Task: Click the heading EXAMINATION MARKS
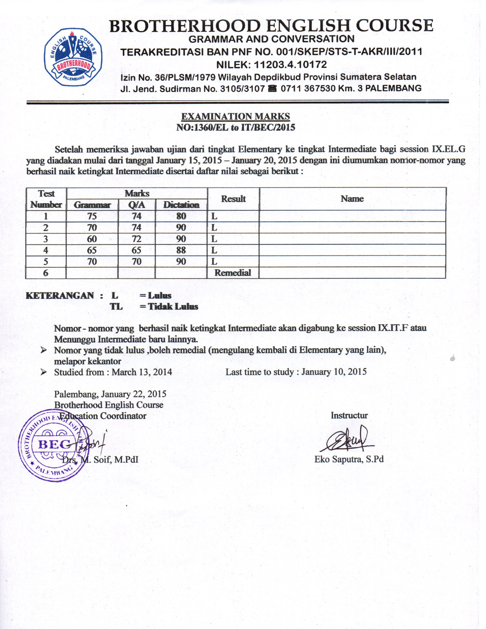(235, 116)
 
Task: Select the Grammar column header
(92, 205)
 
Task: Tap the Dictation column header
(181, 205)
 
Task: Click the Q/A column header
(137, 205)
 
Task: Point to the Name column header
(352, 199)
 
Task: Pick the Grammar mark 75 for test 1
(92, 216)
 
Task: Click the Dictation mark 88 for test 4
(181, 250)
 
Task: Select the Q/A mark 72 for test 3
(137, 239)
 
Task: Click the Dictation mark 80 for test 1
(181, 216)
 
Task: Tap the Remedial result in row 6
(233, 273)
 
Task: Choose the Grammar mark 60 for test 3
(92, 239)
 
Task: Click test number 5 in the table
(46, 262)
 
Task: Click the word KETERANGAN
(60, 296)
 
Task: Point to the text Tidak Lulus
(173, 307)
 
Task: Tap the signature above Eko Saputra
(347, 440)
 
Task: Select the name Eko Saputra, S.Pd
(349, 459)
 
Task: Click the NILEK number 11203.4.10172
(290, 65)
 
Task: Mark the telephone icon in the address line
(272, 89)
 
